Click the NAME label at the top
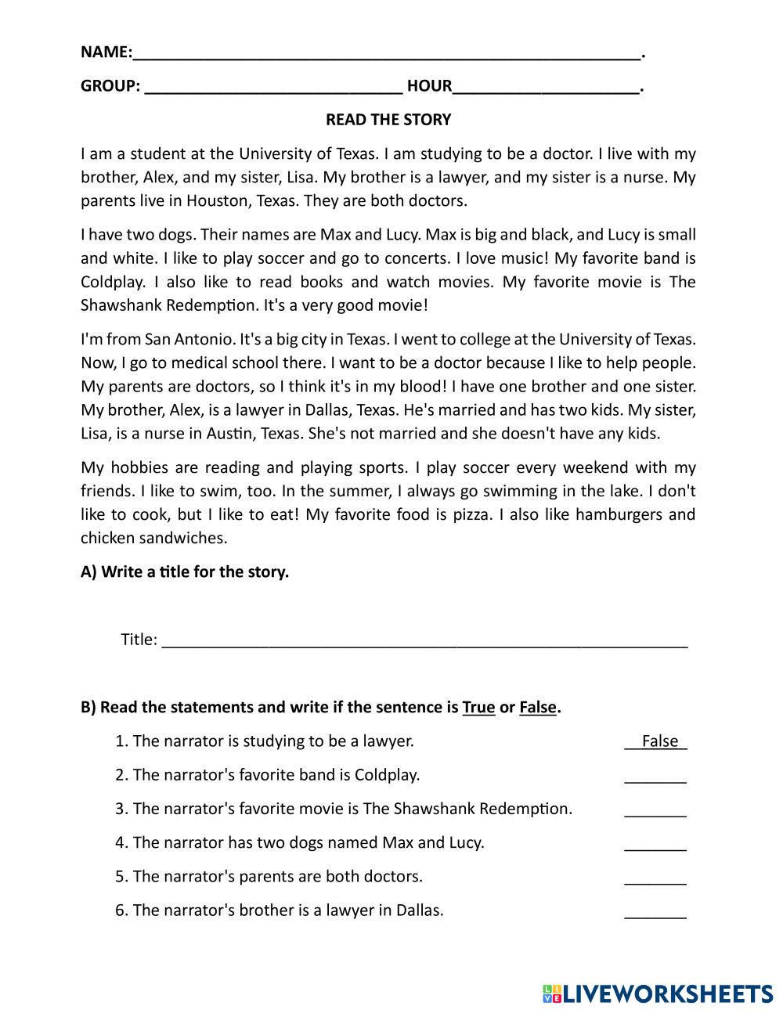click(105, 52)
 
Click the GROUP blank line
click(273, 88)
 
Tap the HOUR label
click(429, 86)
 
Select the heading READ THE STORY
click(388, 120)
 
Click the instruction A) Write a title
click(185, 572)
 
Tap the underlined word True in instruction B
click(478, 708)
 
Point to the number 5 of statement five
click(120, 877)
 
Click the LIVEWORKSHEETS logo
click(657, 994)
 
